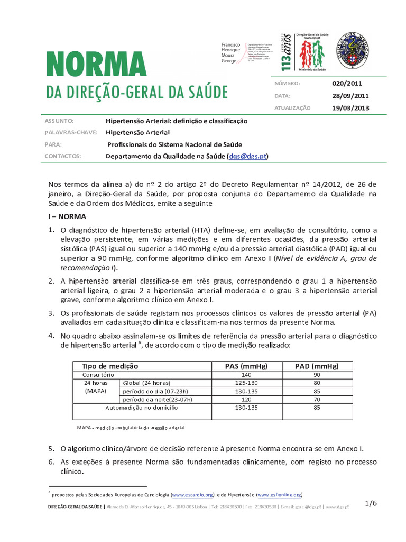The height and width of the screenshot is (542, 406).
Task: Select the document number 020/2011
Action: [347, 83]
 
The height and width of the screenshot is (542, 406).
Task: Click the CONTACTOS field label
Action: [63, 157]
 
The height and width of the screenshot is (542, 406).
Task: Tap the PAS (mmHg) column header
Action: [246, 366]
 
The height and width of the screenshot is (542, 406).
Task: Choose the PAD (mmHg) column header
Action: [316, 366]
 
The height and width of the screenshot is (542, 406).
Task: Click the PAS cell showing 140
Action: [246, 374]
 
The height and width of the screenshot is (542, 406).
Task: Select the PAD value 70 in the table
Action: [316, 400]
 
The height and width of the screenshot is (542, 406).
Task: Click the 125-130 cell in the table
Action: [246, 383]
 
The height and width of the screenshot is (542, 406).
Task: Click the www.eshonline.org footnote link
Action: [279, 495]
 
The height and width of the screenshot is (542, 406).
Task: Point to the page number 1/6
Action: [371, 504]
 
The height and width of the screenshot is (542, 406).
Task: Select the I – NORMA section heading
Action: [67, 217]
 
